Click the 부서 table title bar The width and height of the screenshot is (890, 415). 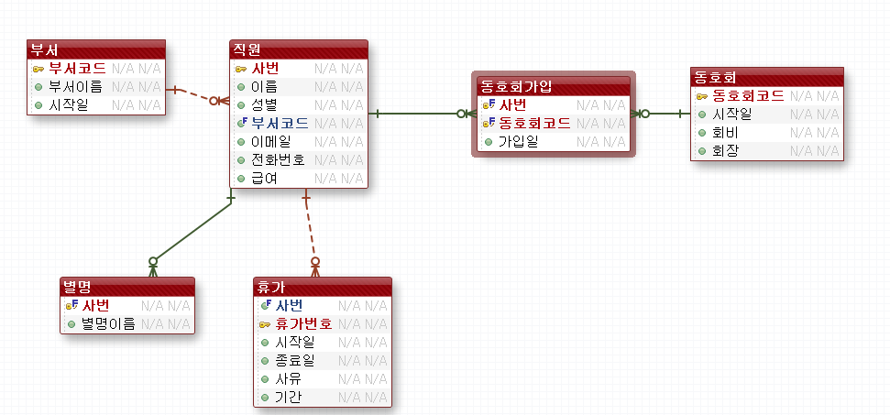(95, 49)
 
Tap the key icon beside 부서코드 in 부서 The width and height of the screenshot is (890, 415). (38, 69)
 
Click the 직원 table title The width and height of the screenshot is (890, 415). (298, 49)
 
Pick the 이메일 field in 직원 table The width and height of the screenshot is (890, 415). (270, 141)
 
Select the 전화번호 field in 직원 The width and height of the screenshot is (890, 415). (278, 159)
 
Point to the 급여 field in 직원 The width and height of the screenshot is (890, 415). (264, 178)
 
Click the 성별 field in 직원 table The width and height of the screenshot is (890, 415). (264, 104)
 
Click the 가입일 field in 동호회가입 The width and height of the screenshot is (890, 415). (518, 142)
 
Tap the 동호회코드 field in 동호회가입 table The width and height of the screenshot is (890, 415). (534, 123)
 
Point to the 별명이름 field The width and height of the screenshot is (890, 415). (108, 322)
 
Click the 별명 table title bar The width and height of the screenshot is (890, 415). (126, 286)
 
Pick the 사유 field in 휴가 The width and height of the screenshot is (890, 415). (289, 378)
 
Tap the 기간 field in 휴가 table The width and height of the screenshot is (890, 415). (289, 398)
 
